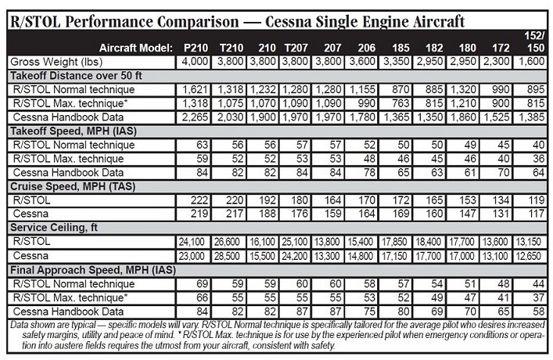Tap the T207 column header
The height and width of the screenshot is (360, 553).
(294, 49)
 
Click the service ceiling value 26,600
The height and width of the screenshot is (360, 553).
(224, 242)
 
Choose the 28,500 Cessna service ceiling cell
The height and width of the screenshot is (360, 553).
(224, 255)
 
